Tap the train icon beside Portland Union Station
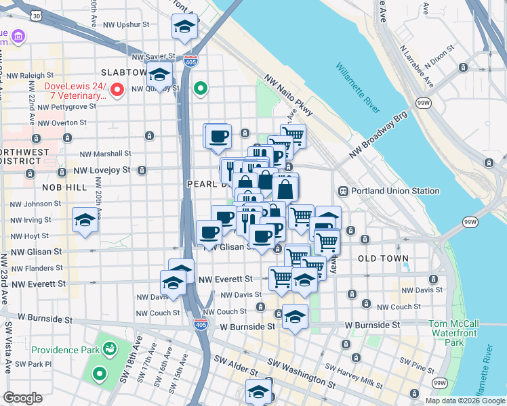[x=343, y=191]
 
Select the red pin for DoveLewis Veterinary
[x=117, y=89]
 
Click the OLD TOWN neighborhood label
[x=383, y=258]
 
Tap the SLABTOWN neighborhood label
[x=123, y=72]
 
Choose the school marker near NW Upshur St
[x=184, y=26]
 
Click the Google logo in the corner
[x=22, y=398]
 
